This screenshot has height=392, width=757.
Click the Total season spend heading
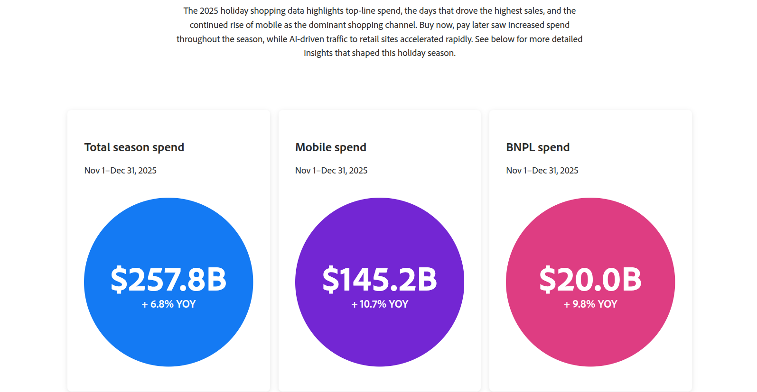click(x=134, y=147)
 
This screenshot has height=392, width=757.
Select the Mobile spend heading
click(x=330, y=147)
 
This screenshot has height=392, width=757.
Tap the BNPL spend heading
click(x=537, y=147)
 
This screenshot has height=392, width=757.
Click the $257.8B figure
click(x=168, y=280)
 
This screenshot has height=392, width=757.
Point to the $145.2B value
click(x=379, y=280)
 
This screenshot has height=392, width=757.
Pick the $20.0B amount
click(x=590, y=280)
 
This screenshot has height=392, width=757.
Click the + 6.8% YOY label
click(x=168, y=304)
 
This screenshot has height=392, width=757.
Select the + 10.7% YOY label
click(x=379, y=304)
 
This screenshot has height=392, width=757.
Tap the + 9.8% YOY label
click(x=590, y=304)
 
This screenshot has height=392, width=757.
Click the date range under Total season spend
click(x=120, y=171)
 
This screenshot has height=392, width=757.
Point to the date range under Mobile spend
click(x=331, y=171)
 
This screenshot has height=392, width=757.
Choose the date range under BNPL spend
click(x=542, y=171)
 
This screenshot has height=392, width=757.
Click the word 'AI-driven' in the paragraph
click(x=308, y=39)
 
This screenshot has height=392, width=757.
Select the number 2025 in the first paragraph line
click(x=209, y=11)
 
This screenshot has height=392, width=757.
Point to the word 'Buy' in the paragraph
click(x=426, y=25)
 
